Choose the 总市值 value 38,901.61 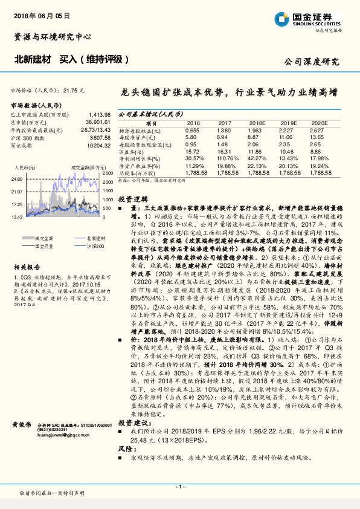[98, 122]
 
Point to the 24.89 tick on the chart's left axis [17, 180]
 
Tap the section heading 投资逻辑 [132, 198]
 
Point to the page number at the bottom [179, 487]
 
